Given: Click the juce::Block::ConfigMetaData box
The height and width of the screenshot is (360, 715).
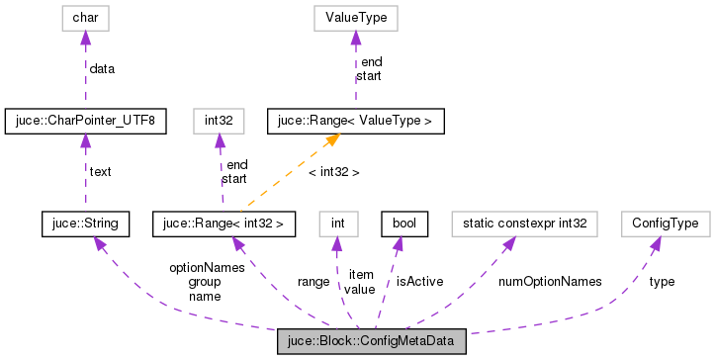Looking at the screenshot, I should [371, 343].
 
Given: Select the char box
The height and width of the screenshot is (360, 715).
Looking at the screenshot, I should [85, 17].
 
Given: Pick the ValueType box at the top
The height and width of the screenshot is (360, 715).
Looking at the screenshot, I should [355, 17].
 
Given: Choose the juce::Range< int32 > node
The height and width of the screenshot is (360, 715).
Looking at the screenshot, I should [223, 224].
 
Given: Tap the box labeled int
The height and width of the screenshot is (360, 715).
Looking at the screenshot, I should [338, 224].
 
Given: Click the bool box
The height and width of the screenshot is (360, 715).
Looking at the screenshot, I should [403, 224].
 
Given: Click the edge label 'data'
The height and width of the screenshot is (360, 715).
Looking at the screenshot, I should [102, 68].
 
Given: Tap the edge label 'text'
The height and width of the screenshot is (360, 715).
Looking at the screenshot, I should [101, 171].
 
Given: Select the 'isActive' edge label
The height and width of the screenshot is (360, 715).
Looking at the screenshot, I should [419, 281].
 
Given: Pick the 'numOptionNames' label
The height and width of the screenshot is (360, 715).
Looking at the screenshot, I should [550, 281].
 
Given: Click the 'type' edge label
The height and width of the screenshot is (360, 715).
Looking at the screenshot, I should [662, 281].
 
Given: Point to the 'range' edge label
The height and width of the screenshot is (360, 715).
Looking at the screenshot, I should [313, 281].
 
